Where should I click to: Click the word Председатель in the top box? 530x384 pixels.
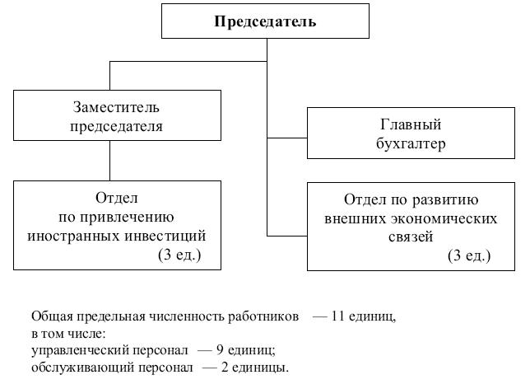(265, 21)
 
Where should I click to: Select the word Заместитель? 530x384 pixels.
(116, 107)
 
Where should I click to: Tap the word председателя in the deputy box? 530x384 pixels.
(116, 127)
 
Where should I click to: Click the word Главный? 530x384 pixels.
(411, 124)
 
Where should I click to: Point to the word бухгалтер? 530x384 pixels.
(411, 144)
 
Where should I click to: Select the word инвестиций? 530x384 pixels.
(165, 236)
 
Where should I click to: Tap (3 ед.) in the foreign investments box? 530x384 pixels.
(179, 255)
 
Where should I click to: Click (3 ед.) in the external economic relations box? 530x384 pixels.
(469, 255)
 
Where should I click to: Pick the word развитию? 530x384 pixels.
(445, 200)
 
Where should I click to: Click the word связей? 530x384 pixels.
(411, 236)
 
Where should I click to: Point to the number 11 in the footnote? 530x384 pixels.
(337, 316)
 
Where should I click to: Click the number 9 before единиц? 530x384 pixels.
(220, 350)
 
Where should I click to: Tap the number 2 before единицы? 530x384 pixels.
(225, 367)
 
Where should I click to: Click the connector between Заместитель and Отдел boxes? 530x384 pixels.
(109, 161)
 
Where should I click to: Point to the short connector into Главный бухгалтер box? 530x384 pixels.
(287, 138)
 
